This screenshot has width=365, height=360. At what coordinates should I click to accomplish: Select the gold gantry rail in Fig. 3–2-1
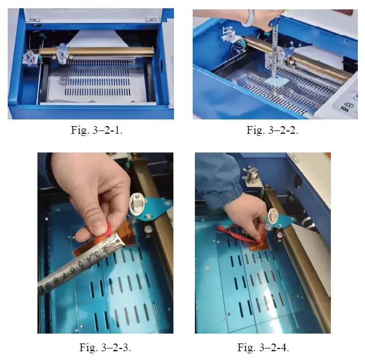point(105,51)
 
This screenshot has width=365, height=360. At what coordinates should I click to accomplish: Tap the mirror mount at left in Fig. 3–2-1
point(30,57)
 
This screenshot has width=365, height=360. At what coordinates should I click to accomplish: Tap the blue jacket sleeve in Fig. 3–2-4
point(215,176)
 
